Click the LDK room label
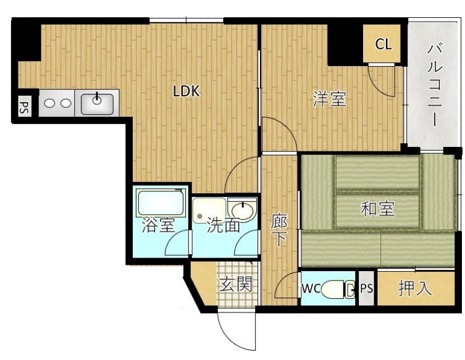tap(186, 91)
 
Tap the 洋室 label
tap(330, 99)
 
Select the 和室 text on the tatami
tap(377, 209)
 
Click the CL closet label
tap(383, 44)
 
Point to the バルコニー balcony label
tap(435, 85)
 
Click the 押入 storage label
tap(414, 288)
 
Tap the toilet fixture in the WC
tap(338, 289)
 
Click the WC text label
tap(311, 288)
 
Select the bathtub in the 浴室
tap(161, 203)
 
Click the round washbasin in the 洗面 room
tap(243, 211)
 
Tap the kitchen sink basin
tap(97, 104)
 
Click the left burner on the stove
tap(49, 103)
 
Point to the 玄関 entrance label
tap(236, 284)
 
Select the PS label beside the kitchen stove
tap(24, 108)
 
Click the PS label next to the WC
tap(367, 288)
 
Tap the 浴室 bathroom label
tap(158, 225)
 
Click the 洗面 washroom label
tap(223, 225)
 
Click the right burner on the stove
tap(65, 103)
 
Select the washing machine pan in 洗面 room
tap(209, 211)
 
